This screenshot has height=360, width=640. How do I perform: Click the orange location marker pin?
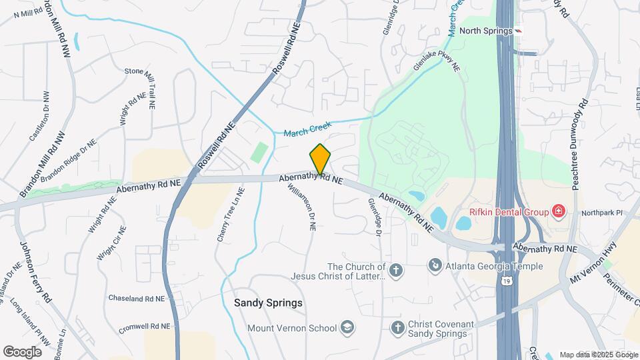[320, 159]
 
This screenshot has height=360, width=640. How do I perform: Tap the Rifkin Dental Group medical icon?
[559, 213]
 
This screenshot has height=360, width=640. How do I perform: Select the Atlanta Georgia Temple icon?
[435, 266]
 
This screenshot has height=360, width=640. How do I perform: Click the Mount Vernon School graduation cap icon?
[347, 327]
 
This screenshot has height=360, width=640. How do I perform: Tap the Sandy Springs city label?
[268, 303]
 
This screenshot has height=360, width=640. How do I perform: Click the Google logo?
[23, 351]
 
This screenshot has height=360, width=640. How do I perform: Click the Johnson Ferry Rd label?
[36, 272]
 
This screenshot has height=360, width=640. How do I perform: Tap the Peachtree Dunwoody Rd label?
[578, 143]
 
